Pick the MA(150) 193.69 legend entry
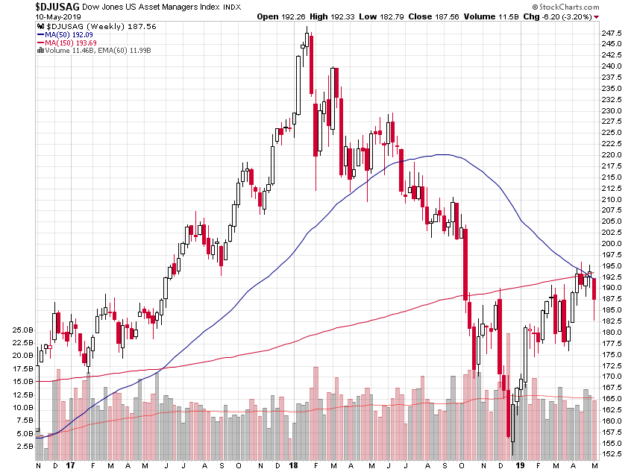tap(70, 43)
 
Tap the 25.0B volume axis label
tap(22, 330)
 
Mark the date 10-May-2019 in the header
tap(30, 16)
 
